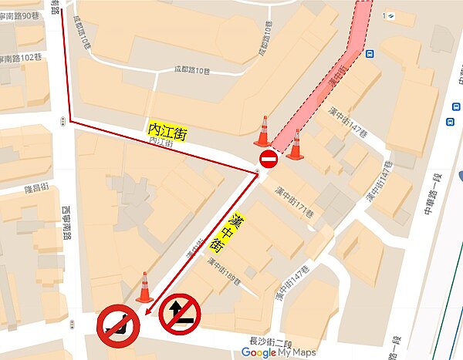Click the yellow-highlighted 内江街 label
coord(167,132)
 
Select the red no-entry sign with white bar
coord(269,160)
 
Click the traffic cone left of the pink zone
coord(263,132)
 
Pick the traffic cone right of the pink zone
coord(294,146)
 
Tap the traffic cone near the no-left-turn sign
coord(144,288)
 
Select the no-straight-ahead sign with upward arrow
coord(180,315)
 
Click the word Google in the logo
coord(259,352)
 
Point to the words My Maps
coord(297,352)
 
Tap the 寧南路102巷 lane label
coord(19,58)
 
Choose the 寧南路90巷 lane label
coord(19,16)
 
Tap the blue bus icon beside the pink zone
coord(369,55)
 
